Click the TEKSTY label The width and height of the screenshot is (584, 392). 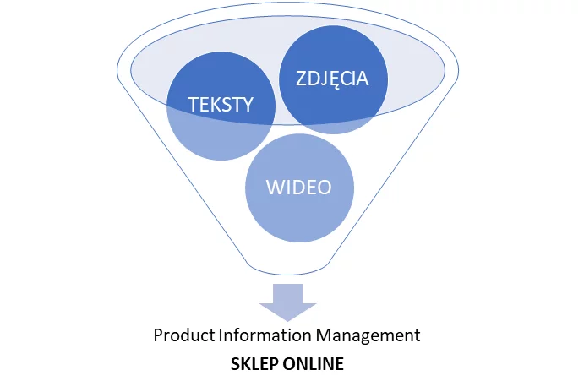221,106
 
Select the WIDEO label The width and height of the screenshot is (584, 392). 298,187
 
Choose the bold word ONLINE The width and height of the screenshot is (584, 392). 313,365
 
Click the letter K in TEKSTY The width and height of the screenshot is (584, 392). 216,106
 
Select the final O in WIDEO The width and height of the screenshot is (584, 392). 324,187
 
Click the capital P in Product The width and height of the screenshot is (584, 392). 158,335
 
